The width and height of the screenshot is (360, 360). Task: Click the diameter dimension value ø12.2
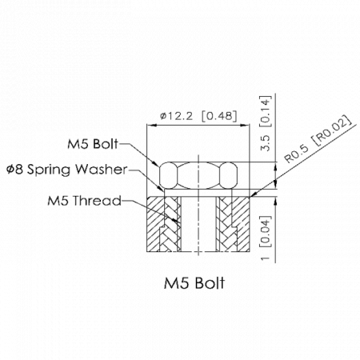(176, 116)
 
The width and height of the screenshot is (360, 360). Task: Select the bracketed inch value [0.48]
(219, 116)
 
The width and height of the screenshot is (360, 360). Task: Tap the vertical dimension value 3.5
(266, 143)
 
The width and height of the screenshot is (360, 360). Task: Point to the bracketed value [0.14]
(266, 111)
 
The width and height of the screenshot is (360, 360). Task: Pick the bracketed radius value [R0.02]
(333, 130)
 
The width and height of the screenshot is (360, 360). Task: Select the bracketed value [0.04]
(266, 231)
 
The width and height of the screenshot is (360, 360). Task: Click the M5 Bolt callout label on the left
(93, 144)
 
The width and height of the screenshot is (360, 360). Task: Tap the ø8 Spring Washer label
(67, 170)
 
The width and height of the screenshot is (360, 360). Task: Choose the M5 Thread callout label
(84, 201)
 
